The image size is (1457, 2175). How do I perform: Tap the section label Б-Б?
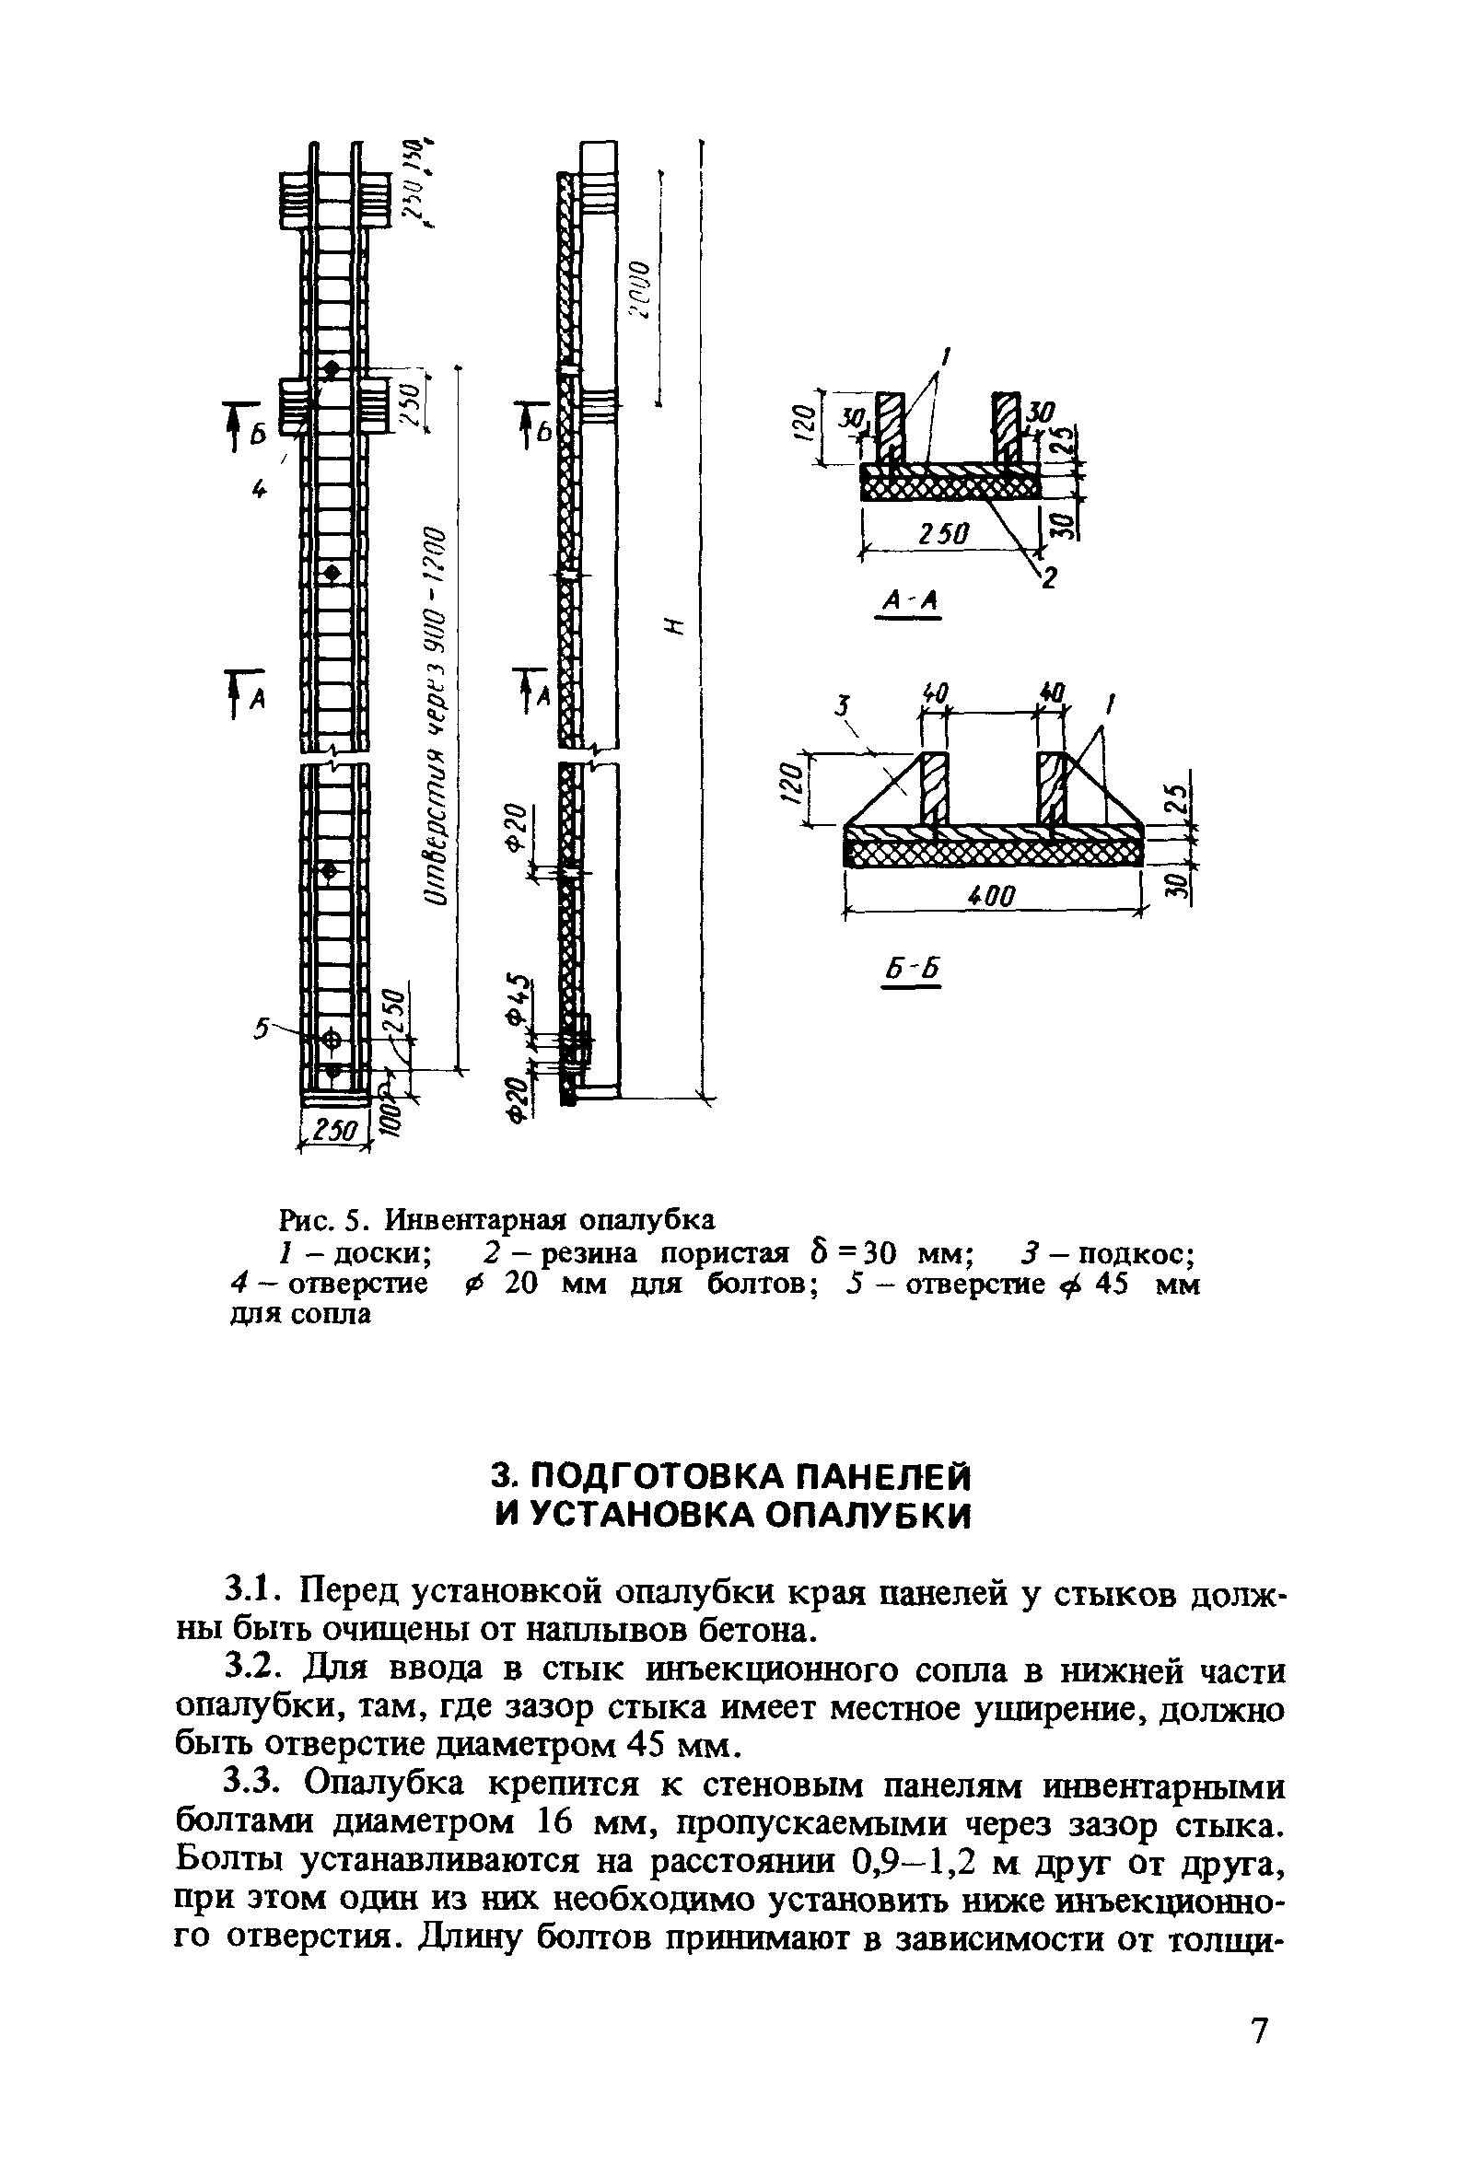point(911,970)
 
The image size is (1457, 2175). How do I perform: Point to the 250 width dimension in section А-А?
point(944,533)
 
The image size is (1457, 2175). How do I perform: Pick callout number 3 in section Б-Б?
point(842,707)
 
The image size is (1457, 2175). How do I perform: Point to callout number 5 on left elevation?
point(262,1028)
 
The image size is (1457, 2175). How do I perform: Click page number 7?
point(1258,2031)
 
